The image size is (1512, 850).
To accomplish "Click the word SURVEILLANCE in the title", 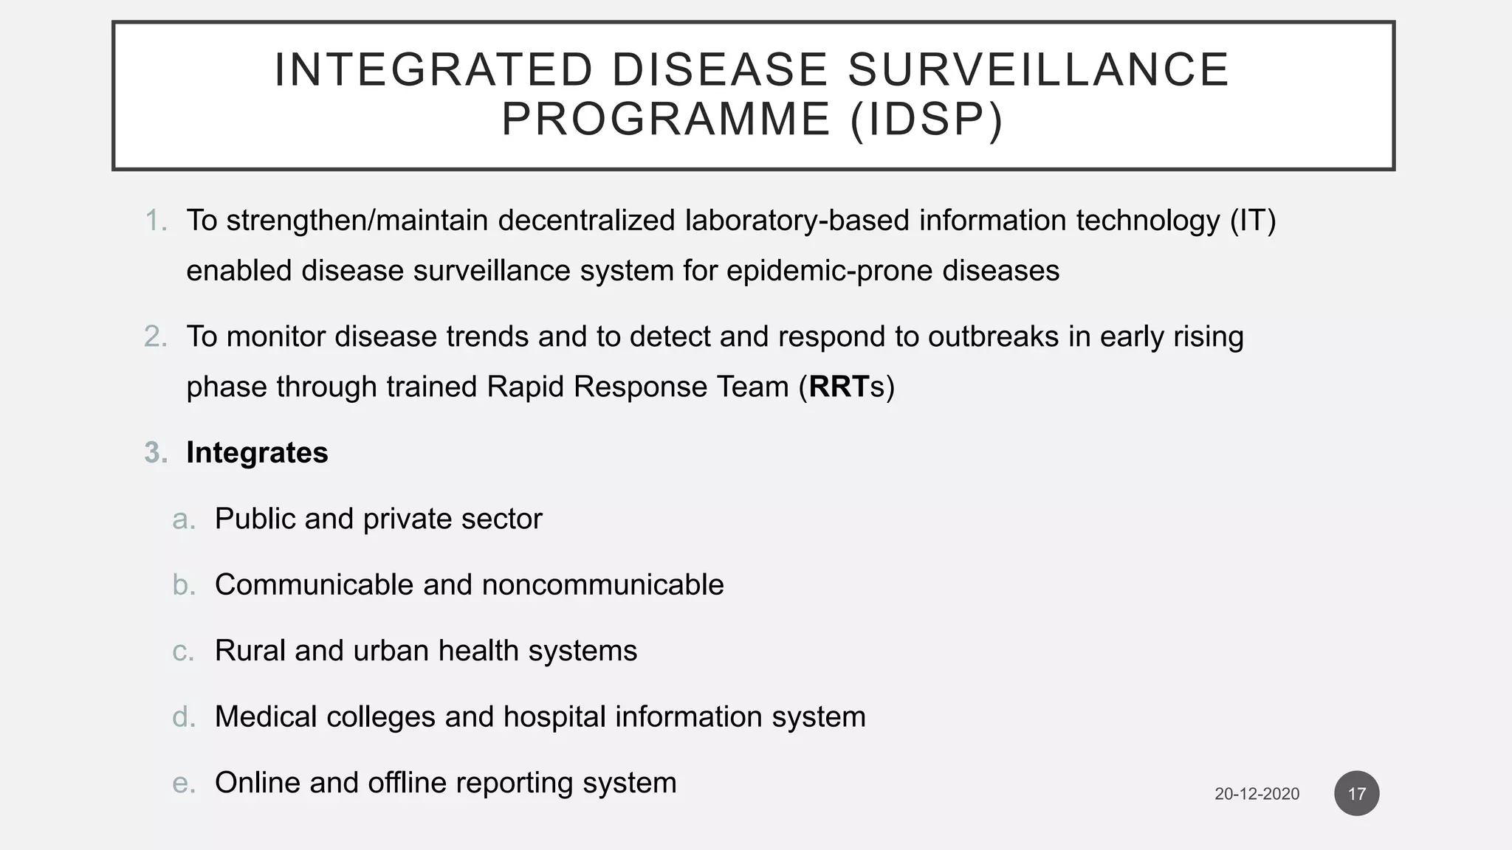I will (1038, 70).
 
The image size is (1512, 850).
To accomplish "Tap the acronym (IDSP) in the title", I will (927, 120).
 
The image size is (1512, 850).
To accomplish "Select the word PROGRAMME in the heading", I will (666, 120).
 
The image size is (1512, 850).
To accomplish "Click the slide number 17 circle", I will (1356, 794).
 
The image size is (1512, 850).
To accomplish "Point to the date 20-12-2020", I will (1257, 795).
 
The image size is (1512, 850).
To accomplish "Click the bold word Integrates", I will (257, 453).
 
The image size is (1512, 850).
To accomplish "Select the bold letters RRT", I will (839, 387).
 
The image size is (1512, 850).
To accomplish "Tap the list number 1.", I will (155, 221).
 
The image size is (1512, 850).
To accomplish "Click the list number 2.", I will (155, 336).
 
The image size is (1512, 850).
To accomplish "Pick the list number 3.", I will (155, 453).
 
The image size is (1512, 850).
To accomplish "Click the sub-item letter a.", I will (183, 519).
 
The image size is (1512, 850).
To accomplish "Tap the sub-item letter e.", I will (183, 784).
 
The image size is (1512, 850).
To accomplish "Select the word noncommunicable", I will (602, 585).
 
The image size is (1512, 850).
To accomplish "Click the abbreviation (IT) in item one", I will (1253, 221).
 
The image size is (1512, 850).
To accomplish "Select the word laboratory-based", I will (797, 221).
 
